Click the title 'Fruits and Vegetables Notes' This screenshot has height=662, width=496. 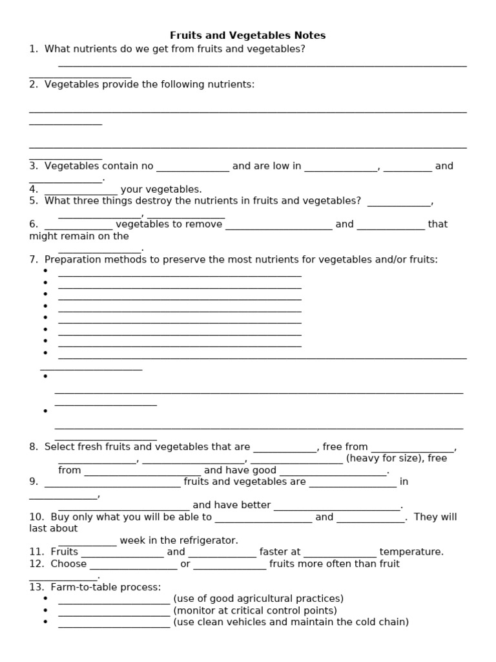(248, 35)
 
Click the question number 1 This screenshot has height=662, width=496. (32, 48)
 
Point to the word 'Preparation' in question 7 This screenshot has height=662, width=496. (70, 259)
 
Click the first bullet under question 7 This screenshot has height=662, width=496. (45, 271)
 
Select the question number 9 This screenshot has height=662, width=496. (34, 482)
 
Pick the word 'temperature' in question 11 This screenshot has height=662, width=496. (411, 551)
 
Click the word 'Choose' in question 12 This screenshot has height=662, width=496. (68, 564)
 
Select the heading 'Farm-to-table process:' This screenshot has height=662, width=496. (95, 587)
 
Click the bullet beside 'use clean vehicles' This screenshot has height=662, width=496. (45, 622)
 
